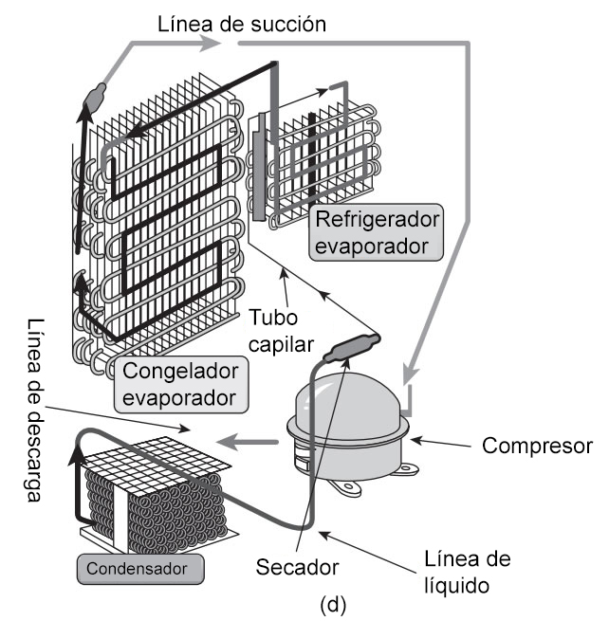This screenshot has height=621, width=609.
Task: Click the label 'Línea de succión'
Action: click(242, 24)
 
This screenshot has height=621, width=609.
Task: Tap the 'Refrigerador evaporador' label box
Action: click(376, 232)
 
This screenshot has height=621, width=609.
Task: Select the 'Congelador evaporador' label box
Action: click(181, 385)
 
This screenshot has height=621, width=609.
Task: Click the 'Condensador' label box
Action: click(140, 569)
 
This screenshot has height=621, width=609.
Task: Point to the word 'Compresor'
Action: click(537, 446)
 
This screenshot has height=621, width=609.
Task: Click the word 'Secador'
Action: click(297, 567)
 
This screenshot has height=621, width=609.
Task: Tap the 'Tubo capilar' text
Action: click(281, 331)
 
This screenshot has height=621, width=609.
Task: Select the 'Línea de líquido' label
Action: click(468, 573)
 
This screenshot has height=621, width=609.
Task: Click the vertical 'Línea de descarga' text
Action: click(34, 410)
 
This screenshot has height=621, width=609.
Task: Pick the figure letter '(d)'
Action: click(333, 605)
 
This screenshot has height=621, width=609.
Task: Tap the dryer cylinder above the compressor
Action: click(352, 347)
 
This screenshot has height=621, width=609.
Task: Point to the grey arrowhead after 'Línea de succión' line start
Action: click(209, 43)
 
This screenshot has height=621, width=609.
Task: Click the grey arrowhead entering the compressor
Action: click(411, 374)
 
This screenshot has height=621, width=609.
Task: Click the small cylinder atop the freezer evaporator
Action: click(95, 96)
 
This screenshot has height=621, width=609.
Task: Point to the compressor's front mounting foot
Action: click(349, 487)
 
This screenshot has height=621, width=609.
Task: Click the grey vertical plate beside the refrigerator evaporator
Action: click(260, 167)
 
